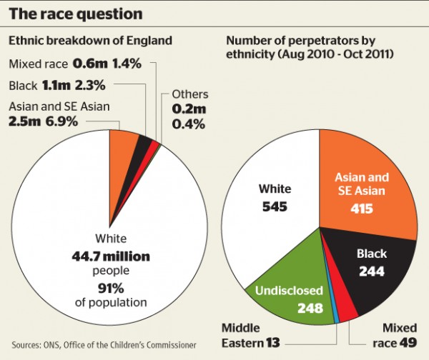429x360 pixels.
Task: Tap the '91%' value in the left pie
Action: pyautogui.click(x=109, y=289)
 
